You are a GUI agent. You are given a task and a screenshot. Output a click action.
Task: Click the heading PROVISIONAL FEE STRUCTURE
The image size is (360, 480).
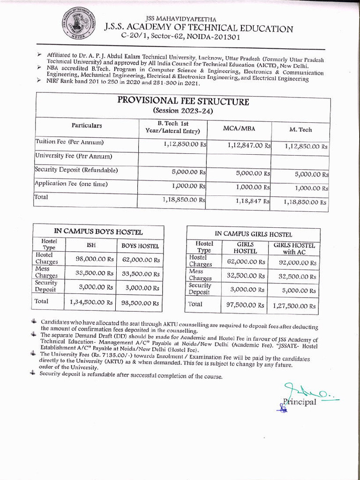183,101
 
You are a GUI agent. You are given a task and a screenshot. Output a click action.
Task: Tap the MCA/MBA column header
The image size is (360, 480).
239,128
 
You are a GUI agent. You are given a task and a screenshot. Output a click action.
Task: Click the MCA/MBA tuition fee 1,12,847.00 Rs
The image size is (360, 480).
249,146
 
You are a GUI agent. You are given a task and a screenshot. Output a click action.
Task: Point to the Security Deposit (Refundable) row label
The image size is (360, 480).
76,170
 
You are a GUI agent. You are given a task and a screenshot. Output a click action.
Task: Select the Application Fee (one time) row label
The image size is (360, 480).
71,184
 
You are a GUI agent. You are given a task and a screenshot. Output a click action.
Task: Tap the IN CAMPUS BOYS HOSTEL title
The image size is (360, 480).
98,232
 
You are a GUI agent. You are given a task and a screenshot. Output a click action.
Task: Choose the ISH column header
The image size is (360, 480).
91,245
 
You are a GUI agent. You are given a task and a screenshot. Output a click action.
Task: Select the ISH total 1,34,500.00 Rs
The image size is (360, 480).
91,302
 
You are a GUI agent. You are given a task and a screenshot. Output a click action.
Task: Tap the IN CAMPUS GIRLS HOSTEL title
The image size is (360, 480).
253,234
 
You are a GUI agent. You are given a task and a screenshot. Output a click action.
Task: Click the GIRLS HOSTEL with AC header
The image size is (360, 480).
294,248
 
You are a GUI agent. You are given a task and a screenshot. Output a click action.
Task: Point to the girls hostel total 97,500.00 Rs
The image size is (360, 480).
246,305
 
